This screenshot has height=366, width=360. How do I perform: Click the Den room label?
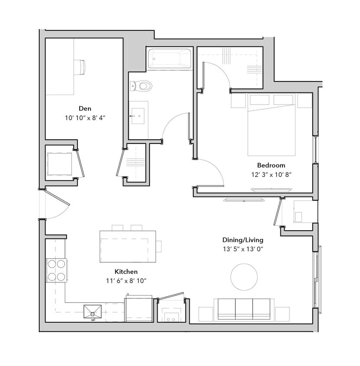[85, 108]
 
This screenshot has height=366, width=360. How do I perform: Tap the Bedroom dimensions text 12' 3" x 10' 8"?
[271, 174]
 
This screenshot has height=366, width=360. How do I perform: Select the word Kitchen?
[126, 271]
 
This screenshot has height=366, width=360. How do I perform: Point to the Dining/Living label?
[243, 240]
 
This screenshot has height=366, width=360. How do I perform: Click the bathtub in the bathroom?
[169, 58]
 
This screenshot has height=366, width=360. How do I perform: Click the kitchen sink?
[93, 312]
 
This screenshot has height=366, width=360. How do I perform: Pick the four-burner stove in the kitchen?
[57, 270]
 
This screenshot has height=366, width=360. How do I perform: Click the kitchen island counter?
[128, 246]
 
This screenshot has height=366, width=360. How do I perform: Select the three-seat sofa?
[244, 309]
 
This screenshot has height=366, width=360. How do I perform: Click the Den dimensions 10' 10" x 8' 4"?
[85, 118]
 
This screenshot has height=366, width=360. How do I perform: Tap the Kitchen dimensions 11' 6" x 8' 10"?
[126, 281]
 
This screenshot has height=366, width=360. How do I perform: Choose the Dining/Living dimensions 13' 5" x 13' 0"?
[243, 249]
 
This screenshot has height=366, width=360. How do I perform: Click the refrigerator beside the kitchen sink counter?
[139, 309]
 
